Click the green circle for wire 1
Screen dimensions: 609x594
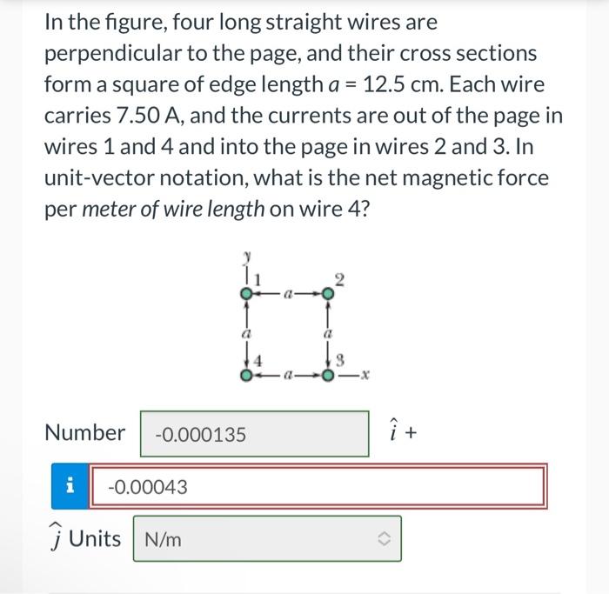pos(248,295)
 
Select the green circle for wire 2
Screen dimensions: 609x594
pos(327,295)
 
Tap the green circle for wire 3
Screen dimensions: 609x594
pos(327,376)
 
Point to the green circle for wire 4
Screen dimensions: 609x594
pos(248,376)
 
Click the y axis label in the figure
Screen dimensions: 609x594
pos(247,255)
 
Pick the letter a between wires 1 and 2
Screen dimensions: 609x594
pos(287,295)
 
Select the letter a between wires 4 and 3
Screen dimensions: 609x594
pos(287,376)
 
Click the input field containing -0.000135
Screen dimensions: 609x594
pos(254,433)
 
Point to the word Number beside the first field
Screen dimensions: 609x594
pos(84,433)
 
